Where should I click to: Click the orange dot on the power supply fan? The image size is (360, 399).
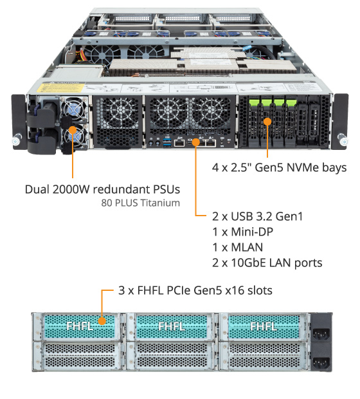pos(73,130)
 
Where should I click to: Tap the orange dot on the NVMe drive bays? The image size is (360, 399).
pos(267,122)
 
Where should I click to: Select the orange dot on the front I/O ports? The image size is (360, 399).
pos(196,142)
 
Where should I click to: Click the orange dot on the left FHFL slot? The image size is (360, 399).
pos(102,321)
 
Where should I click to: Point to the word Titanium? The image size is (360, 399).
pos(160,203)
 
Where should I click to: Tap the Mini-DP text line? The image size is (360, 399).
pos(242,232)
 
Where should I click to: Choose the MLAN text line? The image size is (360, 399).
pos(237,248)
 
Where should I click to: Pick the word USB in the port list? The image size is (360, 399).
pos(242,216)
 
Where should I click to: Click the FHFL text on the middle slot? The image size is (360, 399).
pos(172,326)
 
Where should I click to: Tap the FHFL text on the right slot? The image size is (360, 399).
pos(264,326)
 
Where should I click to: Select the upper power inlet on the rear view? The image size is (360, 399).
pos(321,333)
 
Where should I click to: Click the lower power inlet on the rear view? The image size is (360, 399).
pos(321,362)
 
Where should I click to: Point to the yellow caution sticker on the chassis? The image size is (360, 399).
pos(60,88)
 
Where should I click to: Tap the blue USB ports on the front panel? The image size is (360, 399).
pos(167,143)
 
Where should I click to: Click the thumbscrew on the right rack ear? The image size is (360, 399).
pos(343,140)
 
